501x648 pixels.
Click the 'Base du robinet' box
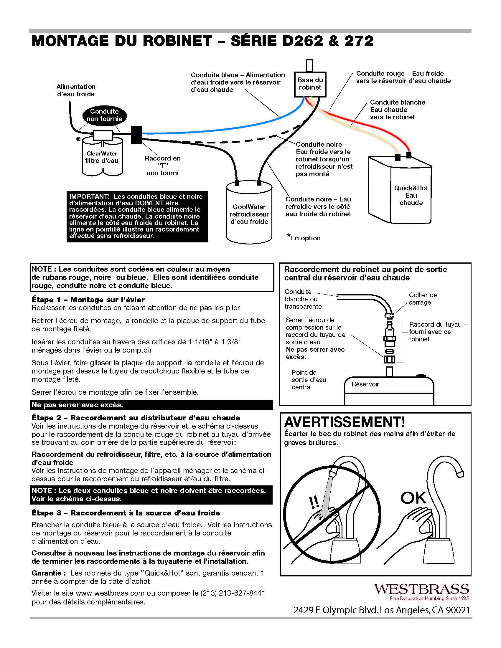pyautogui.click(x=310, y=84)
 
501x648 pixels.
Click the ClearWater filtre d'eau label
pyautogui.click(x=102, y=157)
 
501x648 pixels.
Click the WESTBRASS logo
pyautogui.click(x=421, y=589)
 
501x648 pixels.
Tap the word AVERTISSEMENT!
pyautogui.click(x=344, y=422)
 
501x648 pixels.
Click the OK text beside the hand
pyautogui.click(x=413, y=498)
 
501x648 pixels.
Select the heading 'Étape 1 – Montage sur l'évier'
pyautogui.click(x=88, y=300)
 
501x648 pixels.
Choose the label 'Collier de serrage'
pyautogui.click(x=423, y=299)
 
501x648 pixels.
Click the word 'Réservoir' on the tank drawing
pyautogui.click(x=365, y=384)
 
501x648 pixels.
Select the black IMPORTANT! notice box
pyautogui.click(x=137, y=216)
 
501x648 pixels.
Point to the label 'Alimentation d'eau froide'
pyautogui.click(x=76, y=90)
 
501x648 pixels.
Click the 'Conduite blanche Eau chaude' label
pyautogui.click(x=397, y=110)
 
